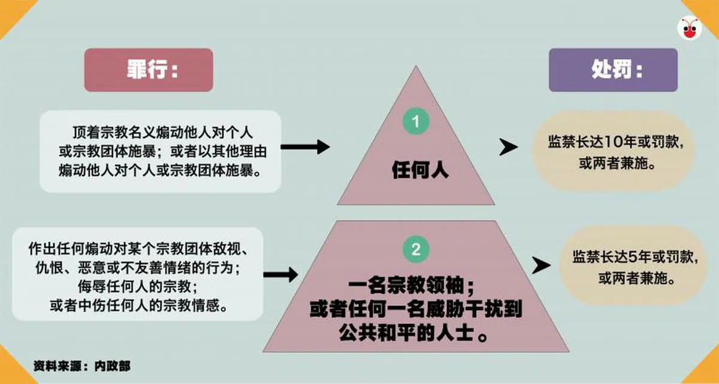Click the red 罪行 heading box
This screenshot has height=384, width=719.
[x=148, y=70]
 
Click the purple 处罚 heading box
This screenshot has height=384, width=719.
[x=612, y=70]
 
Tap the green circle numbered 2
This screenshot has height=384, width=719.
[x=416, y=248]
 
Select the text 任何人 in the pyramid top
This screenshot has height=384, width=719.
[x=420, y=171]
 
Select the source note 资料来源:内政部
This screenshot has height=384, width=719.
[x=81, y=365]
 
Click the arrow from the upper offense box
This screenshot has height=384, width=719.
[x=305, y=146]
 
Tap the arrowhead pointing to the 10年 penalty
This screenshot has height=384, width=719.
[x=509, y=147]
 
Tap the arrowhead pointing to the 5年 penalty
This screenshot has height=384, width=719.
[x=541, y=264]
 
